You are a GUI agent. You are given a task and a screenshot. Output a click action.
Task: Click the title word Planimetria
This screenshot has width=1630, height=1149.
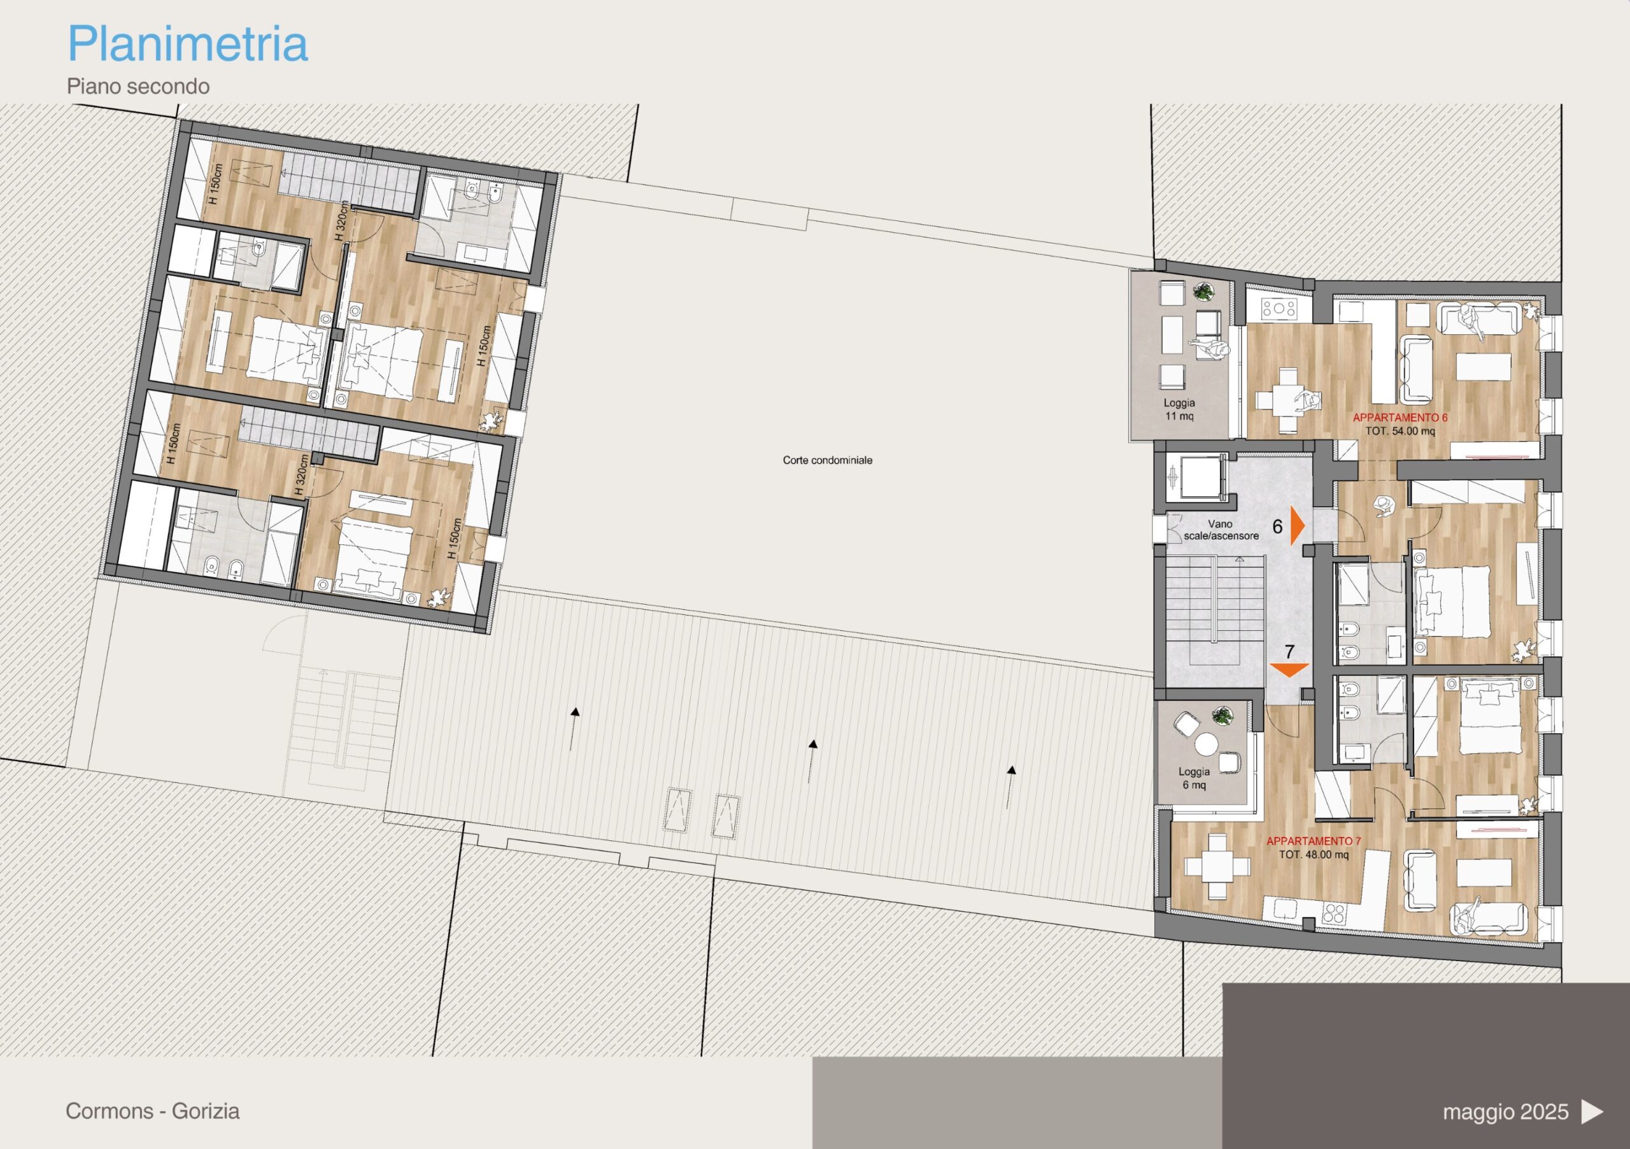click(187, 44)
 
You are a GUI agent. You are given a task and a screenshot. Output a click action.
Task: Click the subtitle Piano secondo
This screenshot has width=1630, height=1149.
click(138, 87)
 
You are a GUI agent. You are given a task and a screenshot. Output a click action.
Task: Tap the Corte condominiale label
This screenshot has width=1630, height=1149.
click(827, 460)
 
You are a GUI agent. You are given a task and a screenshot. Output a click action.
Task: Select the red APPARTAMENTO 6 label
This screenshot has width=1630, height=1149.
click(1400, 418)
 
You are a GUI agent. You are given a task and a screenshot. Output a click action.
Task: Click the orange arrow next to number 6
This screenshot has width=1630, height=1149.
click(1298, 526)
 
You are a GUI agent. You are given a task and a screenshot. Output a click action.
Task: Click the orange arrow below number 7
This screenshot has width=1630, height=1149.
click(1289, 669)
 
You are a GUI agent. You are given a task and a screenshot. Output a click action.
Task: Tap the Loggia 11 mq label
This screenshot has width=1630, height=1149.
click(1179, 409)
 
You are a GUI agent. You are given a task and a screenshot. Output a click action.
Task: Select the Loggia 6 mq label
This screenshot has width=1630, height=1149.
click(1194, 779)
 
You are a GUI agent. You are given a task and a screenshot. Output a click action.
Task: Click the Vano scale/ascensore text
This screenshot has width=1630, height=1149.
click(1221, 530)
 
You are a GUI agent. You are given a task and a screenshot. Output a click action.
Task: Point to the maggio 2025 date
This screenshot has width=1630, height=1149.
click(1505, 1111)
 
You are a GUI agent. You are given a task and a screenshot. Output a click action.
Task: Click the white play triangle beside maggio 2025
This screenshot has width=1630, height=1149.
click(1592, 1111)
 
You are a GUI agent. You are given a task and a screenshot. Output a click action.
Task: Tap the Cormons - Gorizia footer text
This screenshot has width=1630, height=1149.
click(153, 1111)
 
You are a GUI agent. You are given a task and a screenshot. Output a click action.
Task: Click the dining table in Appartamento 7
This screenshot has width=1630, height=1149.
click(1217, 866)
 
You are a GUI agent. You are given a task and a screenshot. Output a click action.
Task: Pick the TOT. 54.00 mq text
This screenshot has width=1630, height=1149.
click(1400, 431)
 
